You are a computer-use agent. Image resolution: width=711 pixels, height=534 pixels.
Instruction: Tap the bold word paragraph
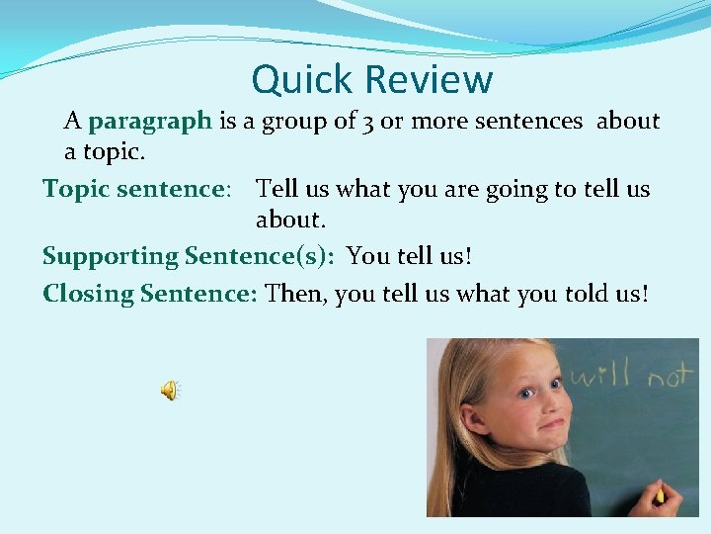pyautogui.click(x=150, y=122)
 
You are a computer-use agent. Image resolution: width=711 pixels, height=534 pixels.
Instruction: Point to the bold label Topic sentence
pyautogui.click(x=135, y=189)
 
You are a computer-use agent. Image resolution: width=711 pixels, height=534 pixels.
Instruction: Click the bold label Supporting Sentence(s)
pyautogui.click(x=188, y=256)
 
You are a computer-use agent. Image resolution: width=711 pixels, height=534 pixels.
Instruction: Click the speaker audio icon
pyautogui.click(x=170, y=392)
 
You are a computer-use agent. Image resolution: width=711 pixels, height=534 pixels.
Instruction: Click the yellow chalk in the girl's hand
pyautogui.click(x=659, y=493)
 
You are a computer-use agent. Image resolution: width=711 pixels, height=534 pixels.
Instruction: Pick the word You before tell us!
pyautogui.click(x=368, y=256)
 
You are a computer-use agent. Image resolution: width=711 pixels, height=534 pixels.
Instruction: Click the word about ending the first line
pyautogui.click(x=628, y=122)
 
